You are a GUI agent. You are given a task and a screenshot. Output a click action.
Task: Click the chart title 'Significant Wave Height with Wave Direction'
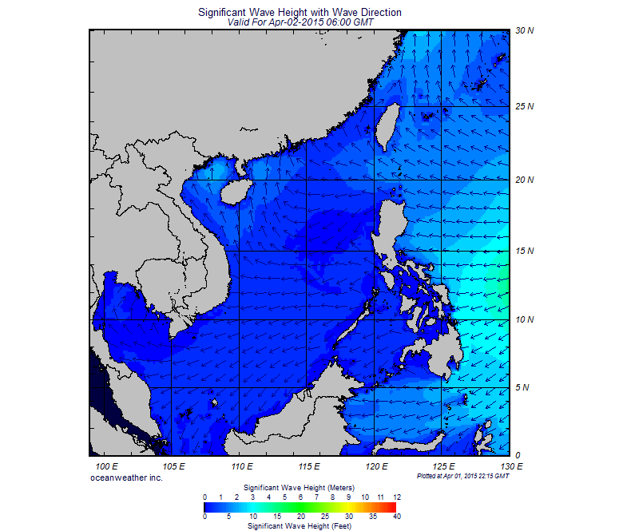pos(300,12)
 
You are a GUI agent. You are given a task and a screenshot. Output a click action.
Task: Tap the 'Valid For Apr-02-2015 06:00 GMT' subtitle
pos(300,22)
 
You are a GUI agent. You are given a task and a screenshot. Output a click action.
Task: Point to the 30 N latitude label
pos(524,31)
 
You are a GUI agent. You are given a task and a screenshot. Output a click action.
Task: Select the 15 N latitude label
pos(524,252)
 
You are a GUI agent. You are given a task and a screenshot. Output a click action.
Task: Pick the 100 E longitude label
pos(106,466)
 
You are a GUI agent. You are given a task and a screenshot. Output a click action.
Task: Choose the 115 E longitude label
pos(308,466)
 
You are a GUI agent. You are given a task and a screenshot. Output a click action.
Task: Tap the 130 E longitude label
pos(510,466)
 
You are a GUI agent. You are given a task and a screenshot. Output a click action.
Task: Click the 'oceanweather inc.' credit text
pos(127,477)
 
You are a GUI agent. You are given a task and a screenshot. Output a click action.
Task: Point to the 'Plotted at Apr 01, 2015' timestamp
pos(462,475)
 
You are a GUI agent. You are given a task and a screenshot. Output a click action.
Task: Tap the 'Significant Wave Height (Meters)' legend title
pos(300,486)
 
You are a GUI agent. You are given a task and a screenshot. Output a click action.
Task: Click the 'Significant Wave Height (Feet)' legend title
pos(300,526)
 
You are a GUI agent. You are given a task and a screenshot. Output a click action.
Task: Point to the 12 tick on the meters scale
pos(396,497)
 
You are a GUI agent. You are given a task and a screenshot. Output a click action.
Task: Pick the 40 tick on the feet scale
pos(396,517)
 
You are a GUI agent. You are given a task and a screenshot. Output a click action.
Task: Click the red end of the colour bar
pos(391,506)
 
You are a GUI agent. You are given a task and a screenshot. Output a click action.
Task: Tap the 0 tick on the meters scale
pos(204,497)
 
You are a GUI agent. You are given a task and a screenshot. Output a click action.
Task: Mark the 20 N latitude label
pos(524,180)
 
